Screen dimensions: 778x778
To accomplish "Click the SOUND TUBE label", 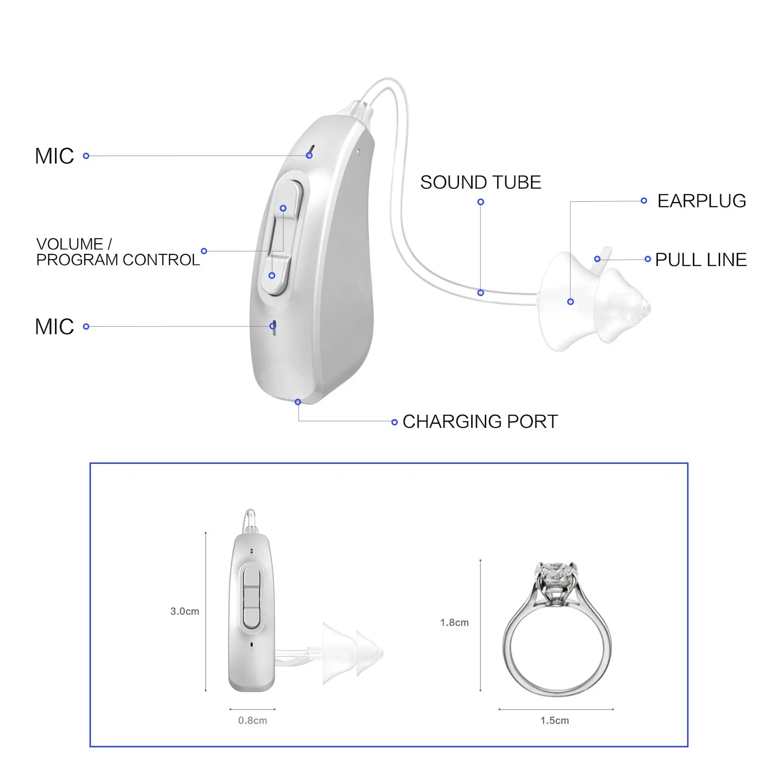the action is point(480,182).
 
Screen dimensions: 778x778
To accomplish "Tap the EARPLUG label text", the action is point(701,201).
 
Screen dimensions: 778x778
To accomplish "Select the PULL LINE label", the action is point(701,260).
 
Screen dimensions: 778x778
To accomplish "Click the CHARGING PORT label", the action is point(480,422).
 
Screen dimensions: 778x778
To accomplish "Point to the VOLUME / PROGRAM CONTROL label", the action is point(118,252).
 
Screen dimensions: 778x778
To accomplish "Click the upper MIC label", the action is point(54,156).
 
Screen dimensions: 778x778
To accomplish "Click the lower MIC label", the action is point(54,327).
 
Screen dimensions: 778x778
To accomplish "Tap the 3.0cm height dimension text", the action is point(185,611).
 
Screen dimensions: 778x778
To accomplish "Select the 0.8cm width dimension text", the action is point(252,720).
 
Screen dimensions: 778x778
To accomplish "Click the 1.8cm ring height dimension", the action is point(454,622).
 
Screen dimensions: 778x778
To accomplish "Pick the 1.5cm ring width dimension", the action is point(554,720).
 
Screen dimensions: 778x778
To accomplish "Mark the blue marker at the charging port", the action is point(298,402).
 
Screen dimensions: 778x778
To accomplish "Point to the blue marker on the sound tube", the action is point(480,293).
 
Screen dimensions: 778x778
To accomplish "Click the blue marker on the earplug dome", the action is point(570,302).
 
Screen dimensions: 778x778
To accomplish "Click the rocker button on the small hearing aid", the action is point(251,598).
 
